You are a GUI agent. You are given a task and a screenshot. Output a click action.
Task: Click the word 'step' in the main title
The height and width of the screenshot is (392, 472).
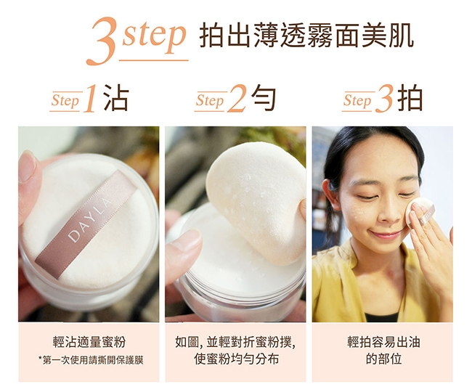point(154,37)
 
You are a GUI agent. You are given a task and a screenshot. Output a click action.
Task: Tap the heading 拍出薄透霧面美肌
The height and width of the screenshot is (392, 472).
point(306,36)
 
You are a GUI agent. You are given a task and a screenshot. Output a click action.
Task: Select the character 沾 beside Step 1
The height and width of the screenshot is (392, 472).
point(116,97)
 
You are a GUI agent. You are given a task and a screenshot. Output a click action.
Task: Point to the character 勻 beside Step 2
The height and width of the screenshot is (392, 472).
point(264,97)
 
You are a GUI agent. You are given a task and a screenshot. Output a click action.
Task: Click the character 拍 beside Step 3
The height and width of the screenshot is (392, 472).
point(410,97)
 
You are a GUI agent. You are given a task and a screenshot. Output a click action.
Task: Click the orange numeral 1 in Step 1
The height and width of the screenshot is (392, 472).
point(91,99)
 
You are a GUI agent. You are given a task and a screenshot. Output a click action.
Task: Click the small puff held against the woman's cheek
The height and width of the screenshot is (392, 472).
point(420,212)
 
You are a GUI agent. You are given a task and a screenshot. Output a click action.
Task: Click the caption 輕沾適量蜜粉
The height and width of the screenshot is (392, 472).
point(89,342)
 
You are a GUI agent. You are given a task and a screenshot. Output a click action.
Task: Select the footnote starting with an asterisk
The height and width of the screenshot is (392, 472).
point(91,360)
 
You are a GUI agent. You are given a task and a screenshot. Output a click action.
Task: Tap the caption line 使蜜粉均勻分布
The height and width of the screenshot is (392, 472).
point(236,359)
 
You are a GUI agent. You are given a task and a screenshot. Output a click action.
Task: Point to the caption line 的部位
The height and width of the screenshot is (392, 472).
point(383,359)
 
